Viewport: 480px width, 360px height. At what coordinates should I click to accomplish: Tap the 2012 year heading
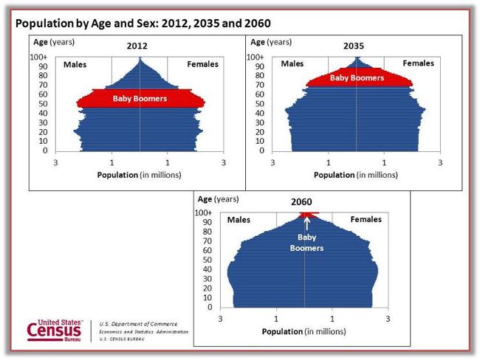click(137, 46)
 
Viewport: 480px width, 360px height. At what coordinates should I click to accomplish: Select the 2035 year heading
click(354, 46)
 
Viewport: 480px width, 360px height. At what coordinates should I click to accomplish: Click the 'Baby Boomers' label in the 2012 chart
click(140, 98)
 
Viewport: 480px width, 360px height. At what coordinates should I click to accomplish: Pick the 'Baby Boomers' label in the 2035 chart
click(357, 77)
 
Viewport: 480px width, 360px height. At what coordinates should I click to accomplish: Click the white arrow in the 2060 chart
click(306, 224)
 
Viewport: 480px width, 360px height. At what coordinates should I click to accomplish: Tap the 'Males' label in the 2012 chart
click(75, 64)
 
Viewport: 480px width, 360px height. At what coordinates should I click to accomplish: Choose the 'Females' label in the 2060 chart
click(366, 220)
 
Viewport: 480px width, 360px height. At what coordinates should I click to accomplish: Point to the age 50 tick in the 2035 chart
click(259, 104)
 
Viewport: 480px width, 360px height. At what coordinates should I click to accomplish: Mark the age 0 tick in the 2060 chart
click(210, 307)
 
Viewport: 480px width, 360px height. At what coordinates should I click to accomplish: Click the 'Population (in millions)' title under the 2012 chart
click(139, 176)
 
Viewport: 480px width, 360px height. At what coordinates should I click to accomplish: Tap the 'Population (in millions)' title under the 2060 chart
click(304, 331)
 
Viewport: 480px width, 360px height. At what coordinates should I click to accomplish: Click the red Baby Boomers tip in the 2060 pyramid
click(304, 215)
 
